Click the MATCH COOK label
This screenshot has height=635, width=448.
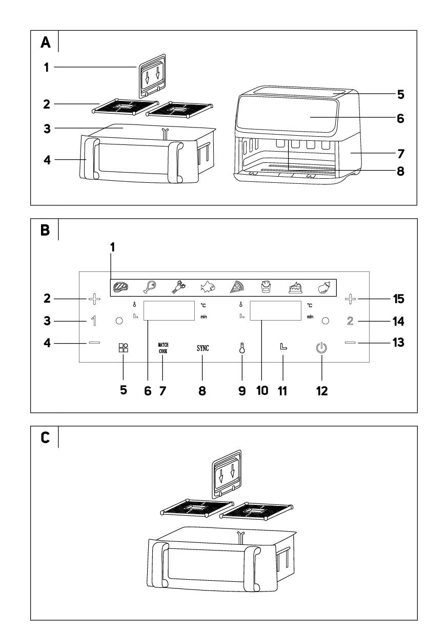(x=162, y=348)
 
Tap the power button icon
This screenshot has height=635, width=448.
(x=321, y=349)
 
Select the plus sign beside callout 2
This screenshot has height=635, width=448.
(x=94, y=298)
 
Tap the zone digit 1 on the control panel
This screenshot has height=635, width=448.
(x=94, y=322)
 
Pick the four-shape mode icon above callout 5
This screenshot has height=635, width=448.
(x=124, y=348)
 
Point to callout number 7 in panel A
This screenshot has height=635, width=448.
(x=401, y=153)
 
